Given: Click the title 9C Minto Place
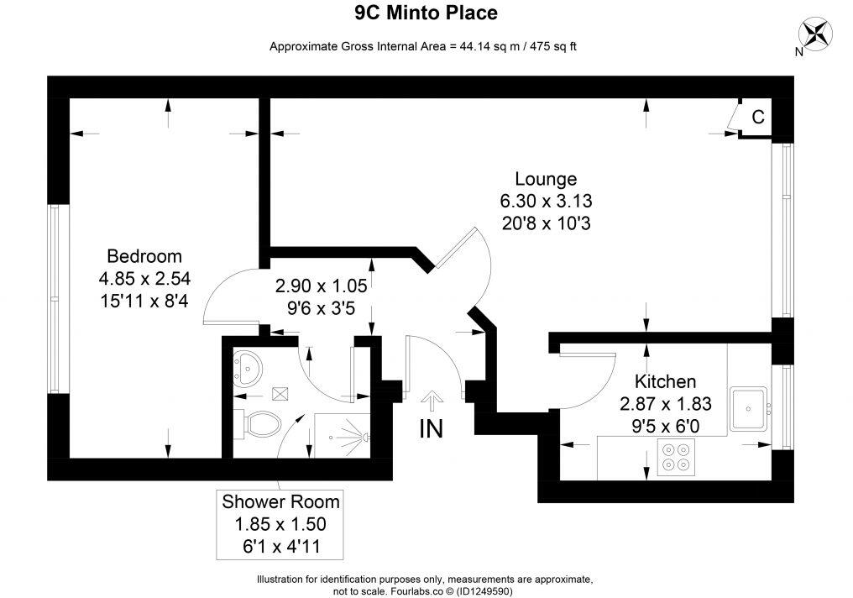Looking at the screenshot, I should (426, 13).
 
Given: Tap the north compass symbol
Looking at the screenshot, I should (814, 34).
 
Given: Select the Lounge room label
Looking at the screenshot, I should (546, 179).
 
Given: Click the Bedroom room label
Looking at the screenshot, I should (144, 256).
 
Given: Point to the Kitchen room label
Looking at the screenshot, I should (665, 380).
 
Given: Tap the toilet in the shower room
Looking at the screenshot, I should (259, 423).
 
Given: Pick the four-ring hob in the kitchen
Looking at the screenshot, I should (677, 458).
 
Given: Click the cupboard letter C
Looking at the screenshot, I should (757, 118).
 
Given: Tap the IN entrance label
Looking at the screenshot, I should (431, 428).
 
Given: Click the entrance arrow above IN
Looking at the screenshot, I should (432, 399).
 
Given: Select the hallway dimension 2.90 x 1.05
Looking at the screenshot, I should (323, 286).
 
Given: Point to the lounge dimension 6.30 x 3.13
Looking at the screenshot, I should (546, 202).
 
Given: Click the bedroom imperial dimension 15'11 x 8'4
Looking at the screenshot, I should (144, 300).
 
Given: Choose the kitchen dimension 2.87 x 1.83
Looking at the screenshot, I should (665, 404).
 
